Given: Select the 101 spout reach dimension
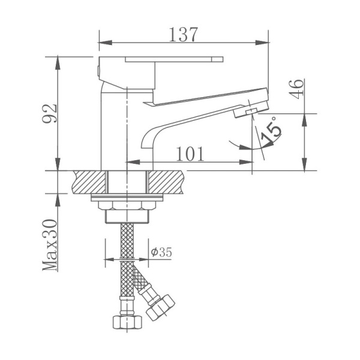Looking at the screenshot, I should tap(191, 154).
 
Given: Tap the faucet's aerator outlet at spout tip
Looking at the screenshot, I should tap(247, 111).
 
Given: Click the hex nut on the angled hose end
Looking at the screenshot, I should tap(161, 304).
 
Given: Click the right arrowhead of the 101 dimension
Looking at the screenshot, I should tap(247, 163).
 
